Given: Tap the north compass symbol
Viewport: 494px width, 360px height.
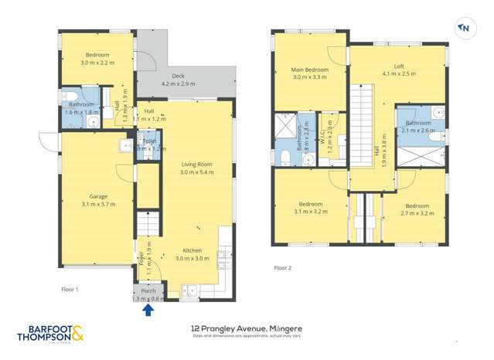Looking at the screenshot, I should pos(465,29).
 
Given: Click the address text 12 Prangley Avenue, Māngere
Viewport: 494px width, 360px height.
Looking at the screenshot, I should pos(246,328).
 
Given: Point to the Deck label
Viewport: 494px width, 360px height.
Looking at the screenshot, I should pos(177,79).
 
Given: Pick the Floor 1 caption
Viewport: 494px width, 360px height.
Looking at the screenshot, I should pos(70,289).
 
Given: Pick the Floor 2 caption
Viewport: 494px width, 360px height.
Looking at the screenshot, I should pos(282,268).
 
